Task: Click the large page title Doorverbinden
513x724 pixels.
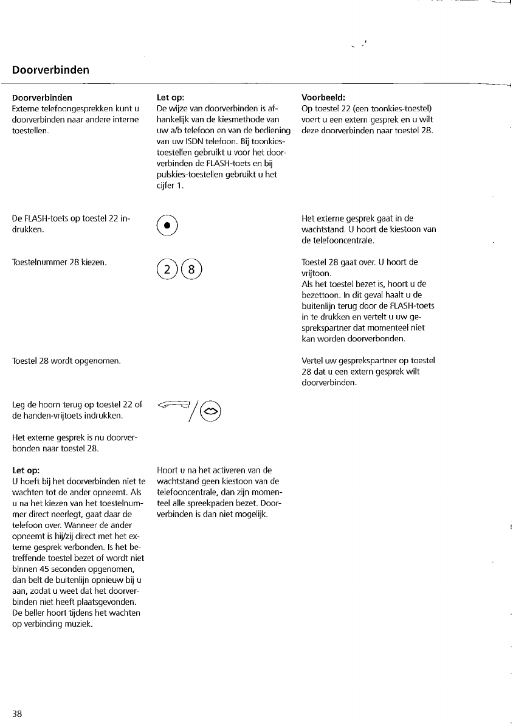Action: tap(50, 70)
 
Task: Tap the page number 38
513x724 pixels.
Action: tap(17, 713)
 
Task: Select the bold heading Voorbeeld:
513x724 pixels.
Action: tap(323, 97)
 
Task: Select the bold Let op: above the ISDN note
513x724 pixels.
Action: tap(170, 97)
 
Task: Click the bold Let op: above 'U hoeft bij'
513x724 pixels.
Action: tap(26, 470)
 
